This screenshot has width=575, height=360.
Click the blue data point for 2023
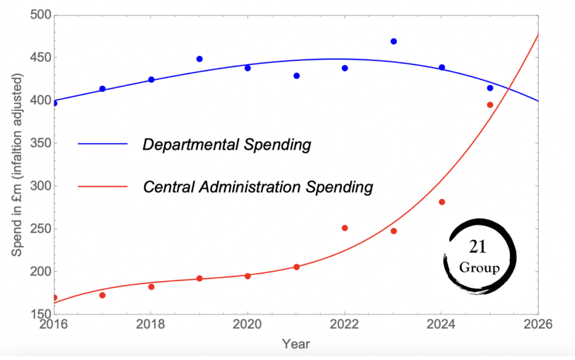pos(394,42)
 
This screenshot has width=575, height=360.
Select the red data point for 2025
pos(490,105)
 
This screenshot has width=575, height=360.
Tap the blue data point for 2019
pos(199,59)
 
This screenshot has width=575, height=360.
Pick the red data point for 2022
pos(345,228)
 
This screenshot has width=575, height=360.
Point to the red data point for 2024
pos(442,202)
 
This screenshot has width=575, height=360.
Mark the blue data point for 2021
pos(296,76)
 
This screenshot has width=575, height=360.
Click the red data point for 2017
pos(102,295)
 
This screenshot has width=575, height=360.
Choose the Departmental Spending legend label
pos(226,145)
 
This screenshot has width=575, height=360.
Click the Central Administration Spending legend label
pos(257,186)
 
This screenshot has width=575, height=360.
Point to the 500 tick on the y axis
pos(38,15)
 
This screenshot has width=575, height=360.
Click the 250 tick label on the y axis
pos(38,229)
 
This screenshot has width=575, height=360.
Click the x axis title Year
pos(295,344)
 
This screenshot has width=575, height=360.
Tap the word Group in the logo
pos(479,268)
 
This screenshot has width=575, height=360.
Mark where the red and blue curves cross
pos(509,89)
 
